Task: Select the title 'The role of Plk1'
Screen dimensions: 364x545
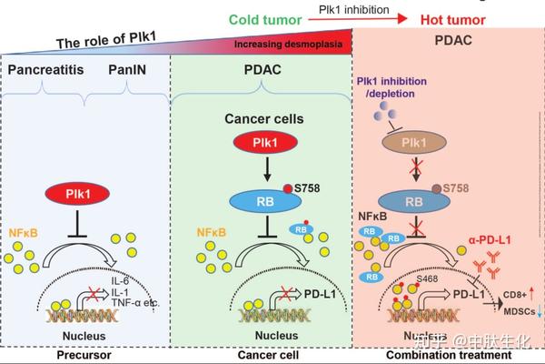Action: [x=106, y=43]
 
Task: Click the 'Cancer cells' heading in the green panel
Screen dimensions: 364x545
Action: [x=259, y=119]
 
